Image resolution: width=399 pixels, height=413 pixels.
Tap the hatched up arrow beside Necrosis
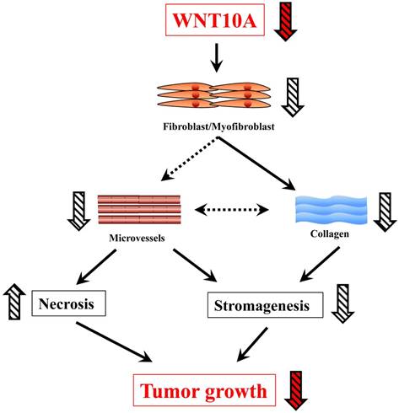[x=16, y=298]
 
